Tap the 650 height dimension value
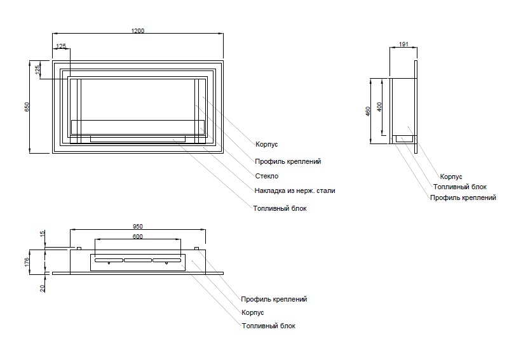pos(27,107)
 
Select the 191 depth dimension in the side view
pos(403,45)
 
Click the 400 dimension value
pos(379,107)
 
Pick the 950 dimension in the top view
pos(139,226)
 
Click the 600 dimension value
pos(138,236)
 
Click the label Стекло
pos(267,176)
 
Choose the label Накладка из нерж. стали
pos(294,190)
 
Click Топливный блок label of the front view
pos(280,208)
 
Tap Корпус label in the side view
pos(450,176)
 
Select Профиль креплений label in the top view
pos(274,299)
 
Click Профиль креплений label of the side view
pos(463,198)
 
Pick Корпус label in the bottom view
pos(252,312)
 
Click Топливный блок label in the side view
pos(460,187)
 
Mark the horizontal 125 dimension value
pos(61,46)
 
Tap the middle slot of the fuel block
pos(138,260)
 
